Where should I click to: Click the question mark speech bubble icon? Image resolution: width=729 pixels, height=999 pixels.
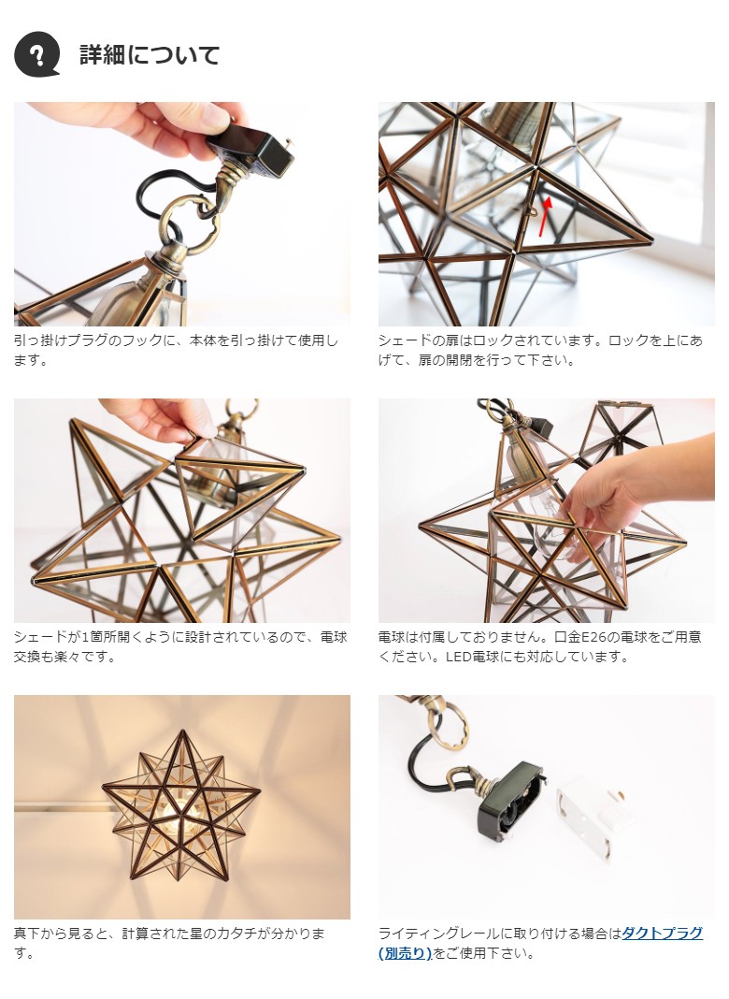coord(37,54)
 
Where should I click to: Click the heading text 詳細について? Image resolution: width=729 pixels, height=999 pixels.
coord(150,55)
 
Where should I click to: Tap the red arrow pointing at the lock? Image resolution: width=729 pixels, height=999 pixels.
coord(544,217)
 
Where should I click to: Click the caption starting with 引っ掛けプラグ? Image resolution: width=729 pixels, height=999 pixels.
coord(176,351)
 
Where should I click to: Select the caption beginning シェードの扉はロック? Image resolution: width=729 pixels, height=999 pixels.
coord(540,351)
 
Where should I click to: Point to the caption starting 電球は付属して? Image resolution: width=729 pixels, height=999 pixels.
coord(540,646)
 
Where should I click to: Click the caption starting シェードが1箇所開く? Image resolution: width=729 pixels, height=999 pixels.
coord(180,646)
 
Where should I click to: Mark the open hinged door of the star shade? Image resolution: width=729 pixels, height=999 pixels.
coord(238,485)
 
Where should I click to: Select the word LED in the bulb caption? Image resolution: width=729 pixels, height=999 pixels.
coord(458,657)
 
